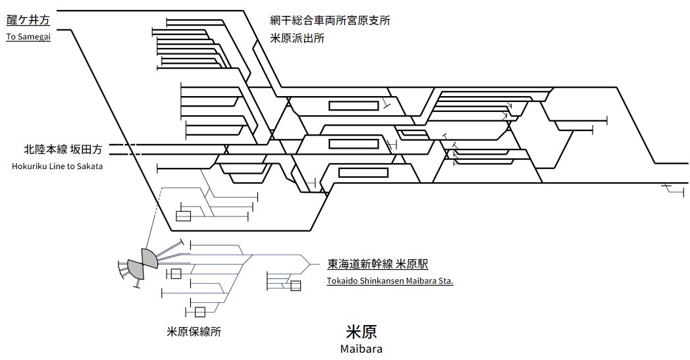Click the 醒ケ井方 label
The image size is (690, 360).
coord(28,21)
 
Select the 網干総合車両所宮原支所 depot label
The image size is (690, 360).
coord(330,21)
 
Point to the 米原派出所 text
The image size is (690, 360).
coord(297,39)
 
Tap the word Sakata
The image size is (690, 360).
coord(88,167)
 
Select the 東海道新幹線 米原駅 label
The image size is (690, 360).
coord(377,265)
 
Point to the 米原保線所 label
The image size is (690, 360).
coord(194,332)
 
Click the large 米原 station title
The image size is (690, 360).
coord(361,331)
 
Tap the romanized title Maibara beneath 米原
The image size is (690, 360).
coord(361,349)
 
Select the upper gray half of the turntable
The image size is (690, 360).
coord(149,258)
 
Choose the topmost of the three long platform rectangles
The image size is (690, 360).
coord(349,105)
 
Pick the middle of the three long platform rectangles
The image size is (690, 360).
coord(349,143)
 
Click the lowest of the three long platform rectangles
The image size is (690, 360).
coord(363,172)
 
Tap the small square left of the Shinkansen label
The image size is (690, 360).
coord(296,286)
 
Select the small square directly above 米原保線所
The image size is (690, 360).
coord(199,312)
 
